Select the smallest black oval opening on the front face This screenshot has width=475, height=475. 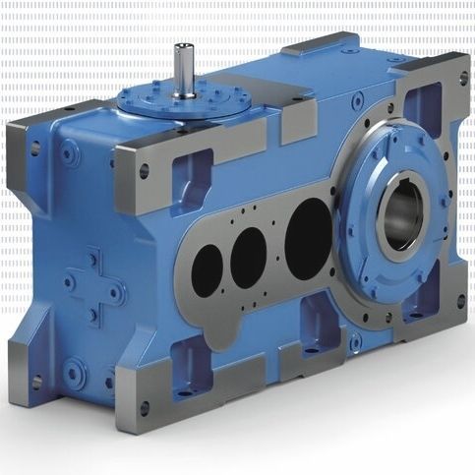coord(208,269)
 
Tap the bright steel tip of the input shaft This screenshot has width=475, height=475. coord(184,47)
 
